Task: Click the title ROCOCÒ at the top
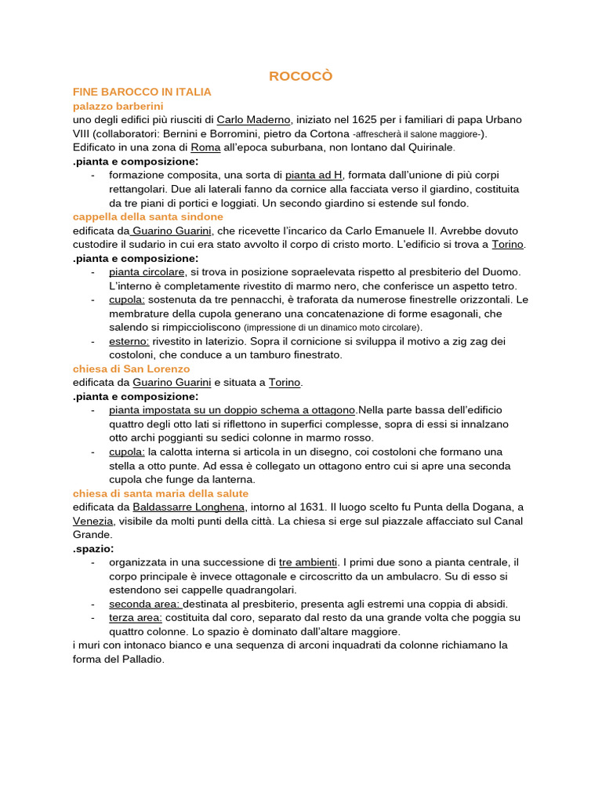point(301,76)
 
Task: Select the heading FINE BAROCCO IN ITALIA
point(142,92)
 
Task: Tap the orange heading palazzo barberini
point(118,105)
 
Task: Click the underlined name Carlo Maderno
point(254,119)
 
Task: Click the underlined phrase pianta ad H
point(314,175)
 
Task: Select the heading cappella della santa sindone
point(147,216)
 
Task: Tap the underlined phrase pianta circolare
point(147,271)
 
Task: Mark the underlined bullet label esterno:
point(129,341)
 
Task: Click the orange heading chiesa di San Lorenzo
point(131,369)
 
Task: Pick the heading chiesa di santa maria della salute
point(160,493)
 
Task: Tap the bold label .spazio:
point(93,549)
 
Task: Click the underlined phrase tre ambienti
point(308,562)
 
